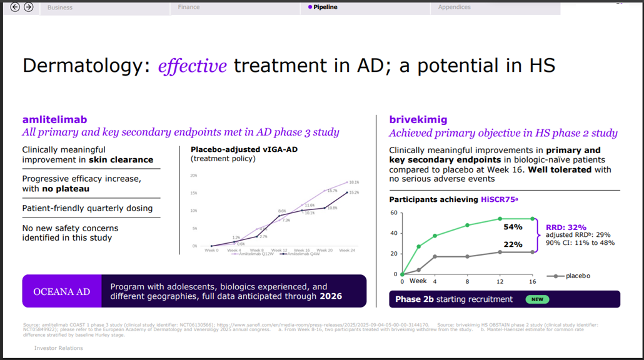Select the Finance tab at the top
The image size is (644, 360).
point(189,7)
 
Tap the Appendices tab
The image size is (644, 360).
point(454,7)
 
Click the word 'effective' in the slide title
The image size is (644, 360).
point(192,66)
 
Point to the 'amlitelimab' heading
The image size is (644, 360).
point(54,119)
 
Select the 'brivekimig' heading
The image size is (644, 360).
point(418,119)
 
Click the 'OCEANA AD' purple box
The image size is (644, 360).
point(61,291)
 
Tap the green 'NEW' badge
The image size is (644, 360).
point(537,299)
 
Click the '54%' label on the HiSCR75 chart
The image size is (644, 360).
point(513,227)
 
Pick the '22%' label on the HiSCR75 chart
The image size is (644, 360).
point(513,244)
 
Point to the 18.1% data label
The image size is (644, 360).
point(353,182)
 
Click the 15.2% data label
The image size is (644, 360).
point(353,192)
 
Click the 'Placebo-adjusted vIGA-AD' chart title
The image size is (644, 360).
point(233,150)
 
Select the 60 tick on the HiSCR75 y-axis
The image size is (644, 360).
point(394,213)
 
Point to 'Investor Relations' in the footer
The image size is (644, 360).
point(58,348)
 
